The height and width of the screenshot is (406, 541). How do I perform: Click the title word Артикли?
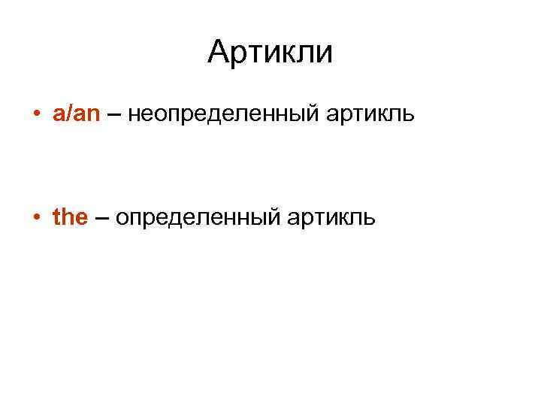270,53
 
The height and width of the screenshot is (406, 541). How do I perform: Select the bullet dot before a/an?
36,115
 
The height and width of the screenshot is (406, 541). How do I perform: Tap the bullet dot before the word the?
36,218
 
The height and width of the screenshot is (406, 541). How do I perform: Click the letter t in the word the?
56,217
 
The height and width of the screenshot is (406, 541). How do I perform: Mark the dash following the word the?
101,218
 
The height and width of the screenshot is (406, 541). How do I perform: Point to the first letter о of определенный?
122,220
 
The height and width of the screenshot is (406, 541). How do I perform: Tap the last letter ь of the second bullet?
368,220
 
